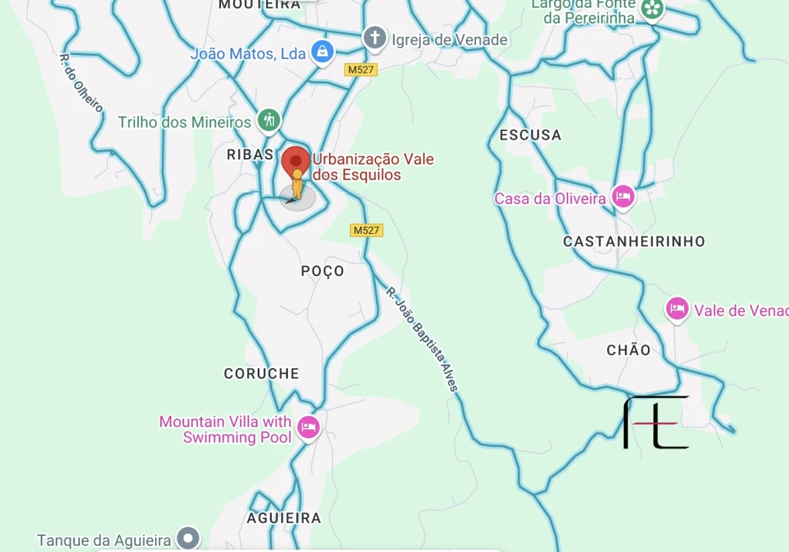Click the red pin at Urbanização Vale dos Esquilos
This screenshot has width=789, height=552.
pos(296,162)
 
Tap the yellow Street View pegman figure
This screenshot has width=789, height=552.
pos(297,185)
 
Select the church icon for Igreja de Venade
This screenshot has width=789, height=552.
pos(375,38)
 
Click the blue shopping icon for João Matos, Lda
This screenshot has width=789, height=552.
pos(322,53)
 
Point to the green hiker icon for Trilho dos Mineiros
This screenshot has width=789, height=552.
pos(269,120)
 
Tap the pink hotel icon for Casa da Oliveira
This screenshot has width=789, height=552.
pos(622,197)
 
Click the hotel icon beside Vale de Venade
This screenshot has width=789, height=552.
pos(676,309)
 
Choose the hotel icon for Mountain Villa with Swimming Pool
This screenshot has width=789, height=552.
pos(309,427)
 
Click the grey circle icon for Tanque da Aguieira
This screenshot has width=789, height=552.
pos(188,538)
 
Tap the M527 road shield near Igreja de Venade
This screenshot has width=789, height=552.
pos(360,70)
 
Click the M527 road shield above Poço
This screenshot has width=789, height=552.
pos(366,230)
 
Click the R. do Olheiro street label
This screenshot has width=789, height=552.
pos(81,84)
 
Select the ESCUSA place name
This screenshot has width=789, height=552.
pos(530,135)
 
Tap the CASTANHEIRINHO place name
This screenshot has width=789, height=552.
pos(634,242)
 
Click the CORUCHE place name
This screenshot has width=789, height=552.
pos(262,373)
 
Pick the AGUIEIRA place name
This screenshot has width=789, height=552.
pos(284,518)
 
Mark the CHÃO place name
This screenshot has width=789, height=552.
pos(629,350)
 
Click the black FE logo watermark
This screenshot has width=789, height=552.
pos(655,422)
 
